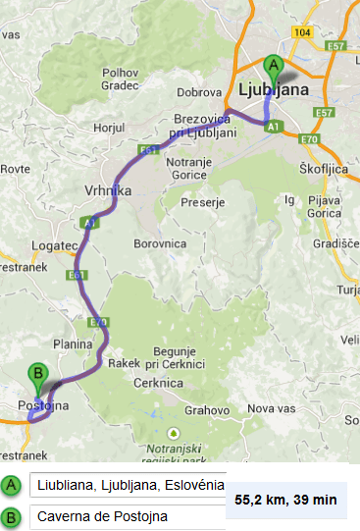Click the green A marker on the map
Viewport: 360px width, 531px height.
275,66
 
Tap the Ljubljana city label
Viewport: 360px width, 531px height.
273,89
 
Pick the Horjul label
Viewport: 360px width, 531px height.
109,129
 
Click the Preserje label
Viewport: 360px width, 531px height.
206,203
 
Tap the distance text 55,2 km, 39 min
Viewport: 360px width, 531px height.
286,501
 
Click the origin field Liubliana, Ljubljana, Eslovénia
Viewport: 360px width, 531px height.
128,485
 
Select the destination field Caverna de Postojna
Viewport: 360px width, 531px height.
128,516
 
